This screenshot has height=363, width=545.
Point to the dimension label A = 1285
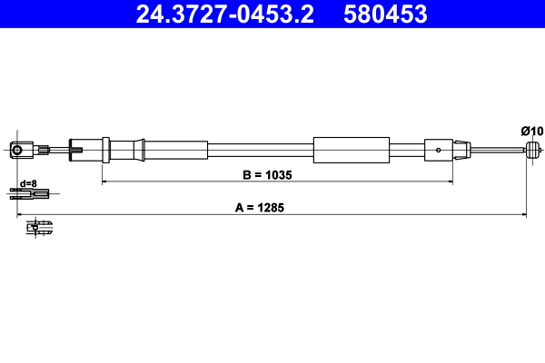pos(261,207)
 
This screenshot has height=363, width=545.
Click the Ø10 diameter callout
pos(531,132)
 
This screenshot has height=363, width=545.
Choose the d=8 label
pos(28,182)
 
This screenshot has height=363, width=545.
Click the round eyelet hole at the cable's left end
pos(15,149)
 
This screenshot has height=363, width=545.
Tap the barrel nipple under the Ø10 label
pos(534,149)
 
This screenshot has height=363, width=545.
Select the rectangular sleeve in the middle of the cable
pos(351,149)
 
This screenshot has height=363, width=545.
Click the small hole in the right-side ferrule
pos(439,150)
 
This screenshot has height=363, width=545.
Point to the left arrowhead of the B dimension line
pos(104,182)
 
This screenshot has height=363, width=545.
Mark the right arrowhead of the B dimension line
pos(450,182)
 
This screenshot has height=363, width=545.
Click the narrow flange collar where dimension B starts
pos(106,150)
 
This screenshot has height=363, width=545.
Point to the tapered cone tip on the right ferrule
pos(464,149)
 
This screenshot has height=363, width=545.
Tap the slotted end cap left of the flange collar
pos(78,149)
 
